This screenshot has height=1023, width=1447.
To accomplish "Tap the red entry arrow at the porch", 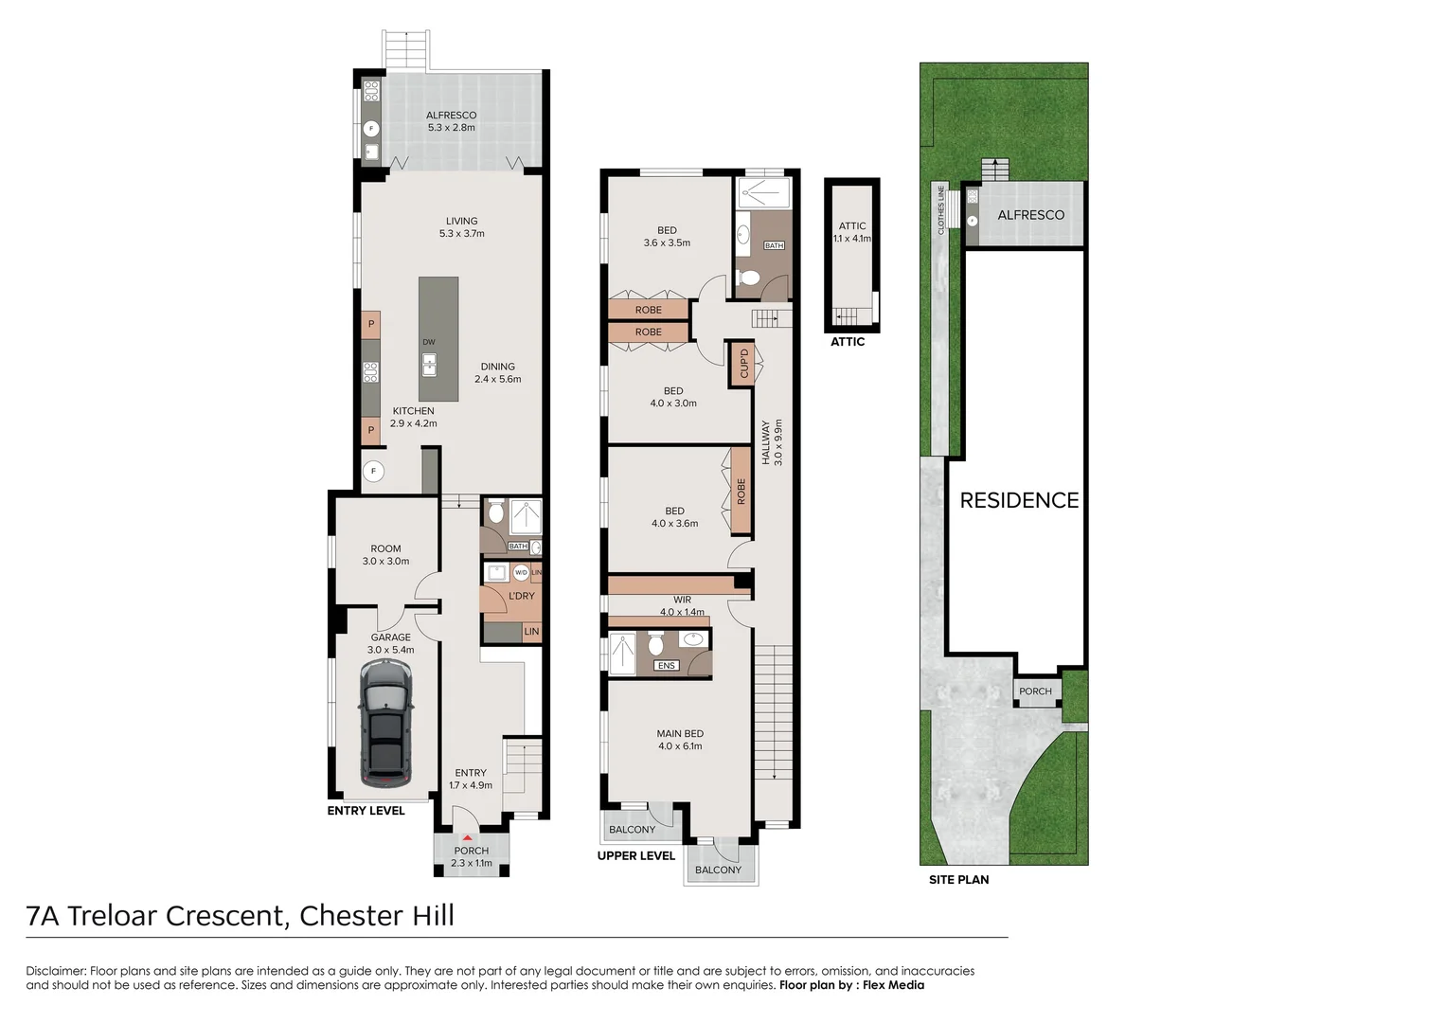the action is [x=468, y=837].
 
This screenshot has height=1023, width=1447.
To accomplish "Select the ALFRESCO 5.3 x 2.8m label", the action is [x=451, y=121].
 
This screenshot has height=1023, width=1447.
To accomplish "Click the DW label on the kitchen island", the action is [x=429, y=342].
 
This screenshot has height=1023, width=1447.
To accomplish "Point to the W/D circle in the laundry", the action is [x=521, y=572].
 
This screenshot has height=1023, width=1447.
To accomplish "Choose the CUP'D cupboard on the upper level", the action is [x=743, y=364].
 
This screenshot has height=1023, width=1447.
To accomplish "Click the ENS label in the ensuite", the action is [x=666, y=666].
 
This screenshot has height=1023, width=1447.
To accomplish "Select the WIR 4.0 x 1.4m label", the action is [x=682, y=606].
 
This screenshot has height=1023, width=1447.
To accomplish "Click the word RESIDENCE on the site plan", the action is [x=1019, y=500].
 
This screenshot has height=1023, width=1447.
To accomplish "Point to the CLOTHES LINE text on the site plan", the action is [x=941, y=209].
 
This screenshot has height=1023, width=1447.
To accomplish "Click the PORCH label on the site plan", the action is [x=1035, y=691].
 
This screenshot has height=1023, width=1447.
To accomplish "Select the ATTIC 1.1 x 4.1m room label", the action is [x=852, y=232].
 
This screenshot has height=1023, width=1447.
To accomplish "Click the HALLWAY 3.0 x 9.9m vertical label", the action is [x=772, y=442].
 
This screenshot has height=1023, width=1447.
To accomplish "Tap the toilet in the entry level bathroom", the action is [x=495, y=512].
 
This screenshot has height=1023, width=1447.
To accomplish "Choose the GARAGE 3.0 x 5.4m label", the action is [x=391, y=643].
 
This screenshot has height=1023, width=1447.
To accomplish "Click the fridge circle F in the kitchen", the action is [x=373, y=471].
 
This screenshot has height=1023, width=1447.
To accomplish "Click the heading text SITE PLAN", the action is [x=958, y=879].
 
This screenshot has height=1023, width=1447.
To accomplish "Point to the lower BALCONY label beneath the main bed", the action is [x=719, y=870].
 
